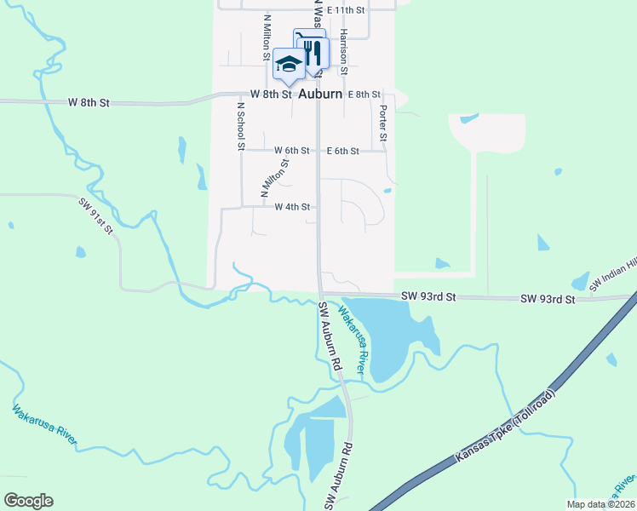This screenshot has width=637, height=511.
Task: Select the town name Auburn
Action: click(320, 95)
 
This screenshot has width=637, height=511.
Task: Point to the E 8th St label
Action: click(364, 95)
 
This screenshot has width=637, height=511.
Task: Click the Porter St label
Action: click(383, 123)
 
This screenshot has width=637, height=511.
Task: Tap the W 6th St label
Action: click(290, 151)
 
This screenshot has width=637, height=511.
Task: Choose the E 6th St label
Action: click(343, 151)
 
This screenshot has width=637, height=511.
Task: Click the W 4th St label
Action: click(290, 207)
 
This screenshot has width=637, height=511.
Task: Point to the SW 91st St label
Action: click(96, 217)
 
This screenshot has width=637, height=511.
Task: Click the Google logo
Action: click(28, 501)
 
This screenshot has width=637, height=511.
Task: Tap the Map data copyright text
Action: click(600, 504)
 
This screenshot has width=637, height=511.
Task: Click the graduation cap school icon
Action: click(289, 64)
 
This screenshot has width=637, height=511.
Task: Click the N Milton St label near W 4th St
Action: click(275, 179)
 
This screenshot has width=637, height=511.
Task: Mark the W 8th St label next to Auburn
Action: click(271, 95)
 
